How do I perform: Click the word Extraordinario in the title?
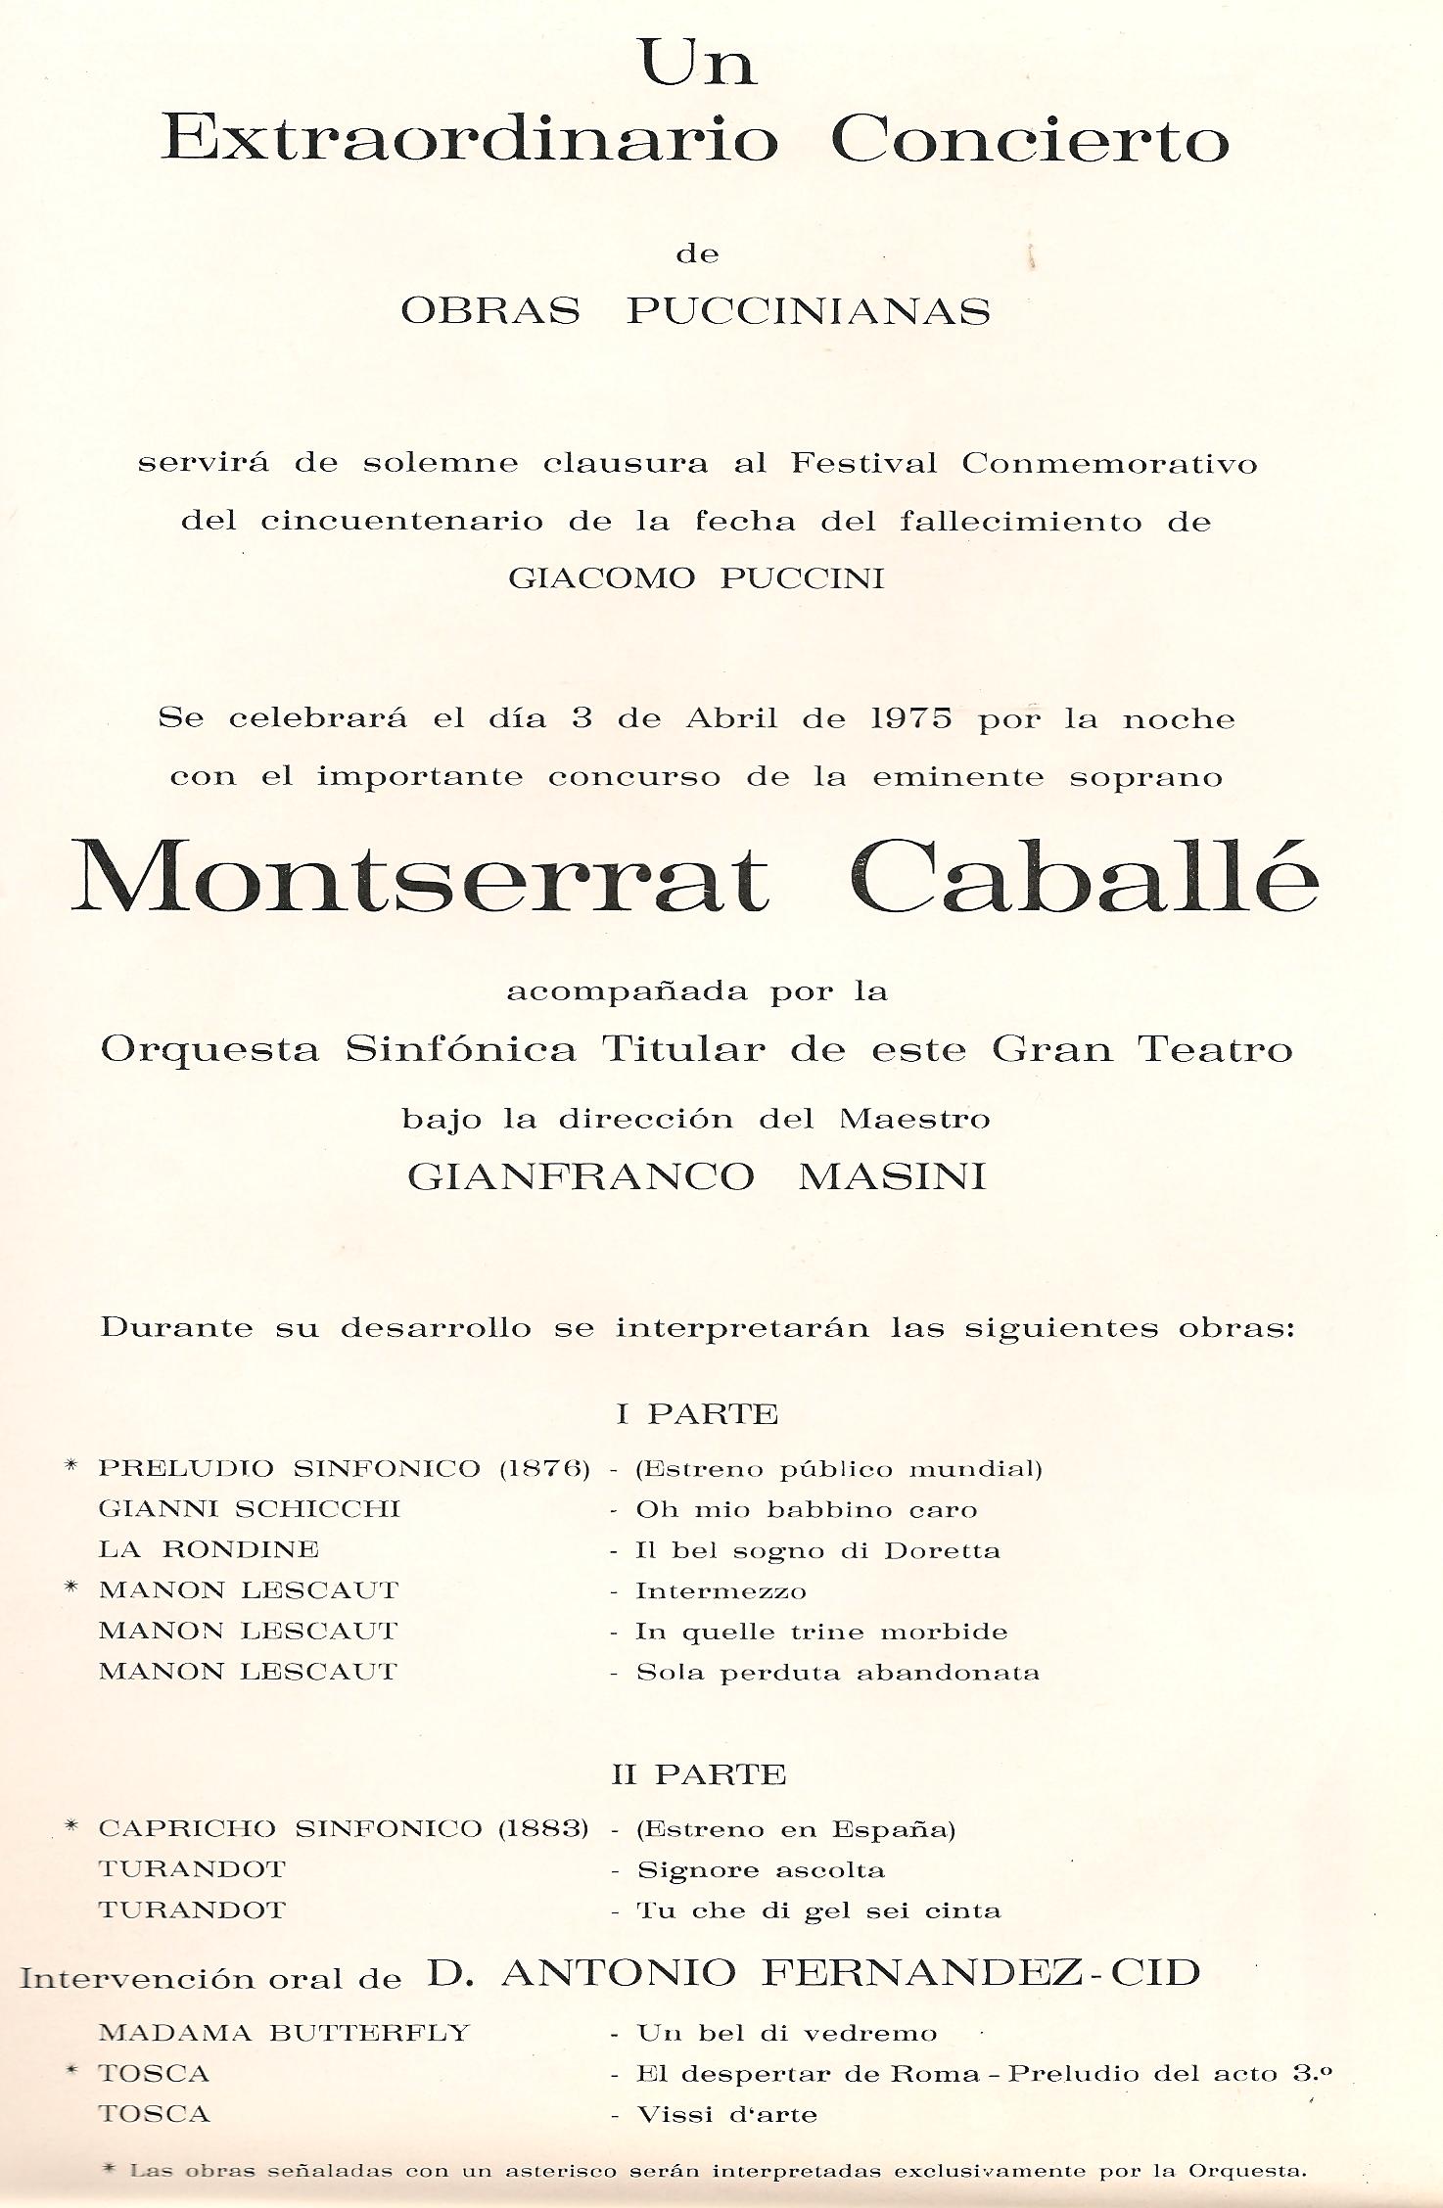[x=470, y=139]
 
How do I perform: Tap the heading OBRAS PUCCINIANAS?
[x=696, y=311]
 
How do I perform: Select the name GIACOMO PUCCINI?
[x=696, y=577]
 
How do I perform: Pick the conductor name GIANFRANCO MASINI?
[x=696, y=1175]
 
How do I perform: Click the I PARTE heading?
[x=697, y=1414]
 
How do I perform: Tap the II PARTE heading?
[x=699, y=1774]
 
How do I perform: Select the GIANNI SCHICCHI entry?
[x=250, y=1509]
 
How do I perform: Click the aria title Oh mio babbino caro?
[x=807, y=1509]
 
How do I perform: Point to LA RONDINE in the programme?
[x=209, y=1549]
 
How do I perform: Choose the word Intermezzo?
[x=721, y=1590]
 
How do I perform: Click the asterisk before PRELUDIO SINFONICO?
[x=70, y=1467]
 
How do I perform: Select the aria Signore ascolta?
[x=761, y=1870]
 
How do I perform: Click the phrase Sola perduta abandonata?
[x=838, y=1672]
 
